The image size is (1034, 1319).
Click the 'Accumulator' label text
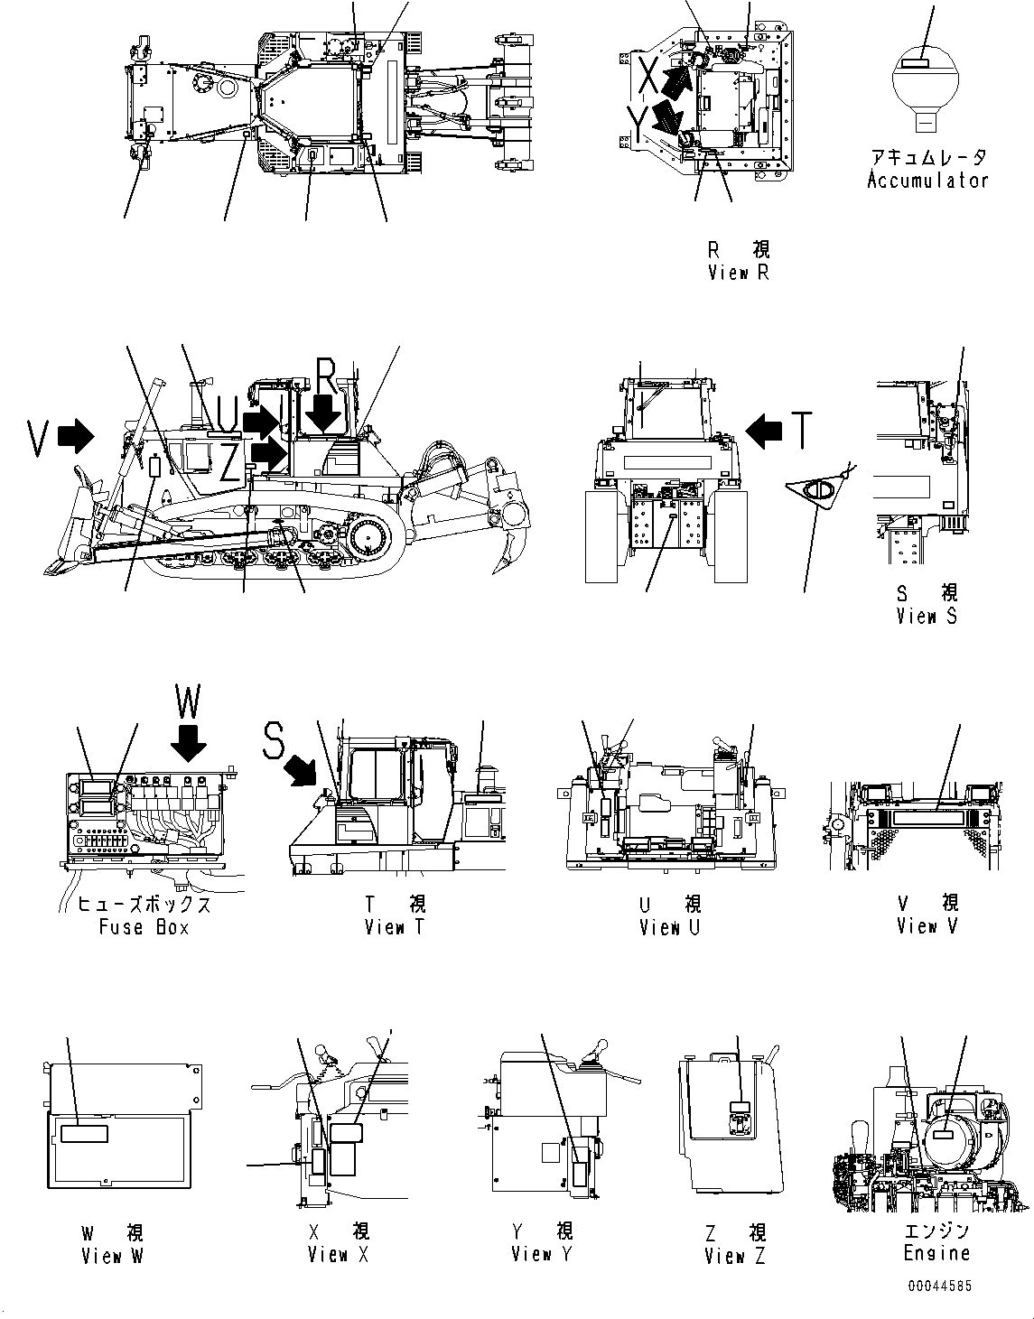927,180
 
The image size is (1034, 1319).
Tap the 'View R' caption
738,272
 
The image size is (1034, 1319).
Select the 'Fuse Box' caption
144,926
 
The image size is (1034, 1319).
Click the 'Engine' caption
936,1252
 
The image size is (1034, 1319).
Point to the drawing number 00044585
939,1286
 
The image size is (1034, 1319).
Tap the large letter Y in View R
638,124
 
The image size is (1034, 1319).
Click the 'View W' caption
112,1255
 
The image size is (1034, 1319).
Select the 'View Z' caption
735,1255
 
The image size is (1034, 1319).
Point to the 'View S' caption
926,616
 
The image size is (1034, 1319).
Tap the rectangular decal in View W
83,1133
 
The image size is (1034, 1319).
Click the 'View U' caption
670,926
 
